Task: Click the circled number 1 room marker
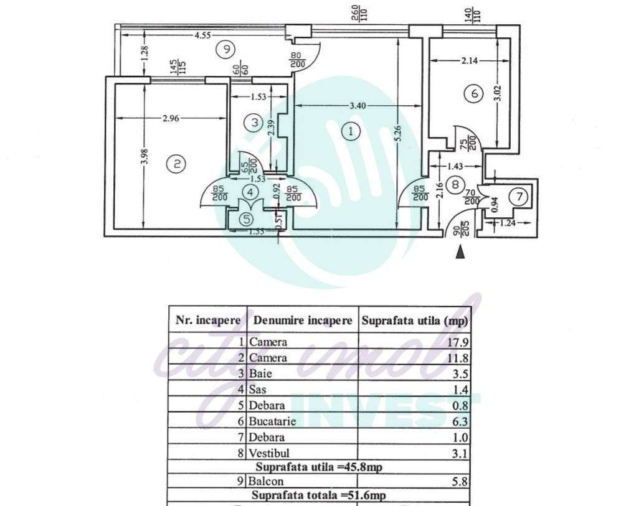352,132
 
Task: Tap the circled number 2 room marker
177,164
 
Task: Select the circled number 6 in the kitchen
474,94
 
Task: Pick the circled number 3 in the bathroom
254,123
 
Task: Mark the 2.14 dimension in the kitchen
470,60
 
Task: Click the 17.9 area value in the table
458,342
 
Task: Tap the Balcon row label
266,481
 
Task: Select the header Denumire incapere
302,321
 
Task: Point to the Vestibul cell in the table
270,453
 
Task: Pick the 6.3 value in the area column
460,421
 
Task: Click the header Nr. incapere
208,321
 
